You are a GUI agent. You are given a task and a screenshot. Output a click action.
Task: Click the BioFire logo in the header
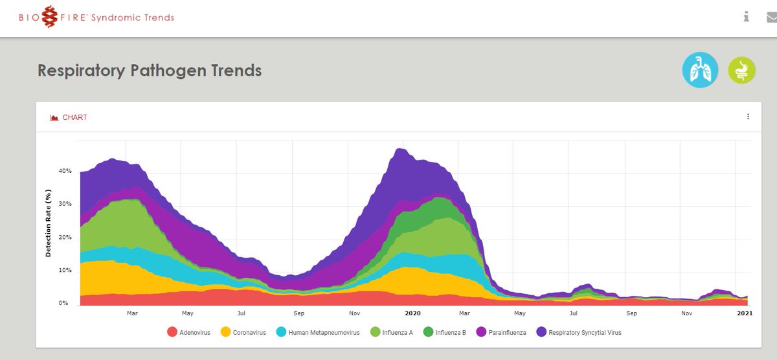(x=96, y=17)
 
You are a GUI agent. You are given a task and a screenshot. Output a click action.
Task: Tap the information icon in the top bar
(x=747, y=17)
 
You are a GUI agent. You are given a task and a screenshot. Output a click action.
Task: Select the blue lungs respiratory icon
(x=700, y=70)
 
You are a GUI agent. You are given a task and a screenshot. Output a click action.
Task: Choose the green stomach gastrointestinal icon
(x=741, y=70)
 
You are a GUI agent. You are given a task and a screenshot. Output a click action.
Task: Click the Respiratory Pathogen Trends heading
(x=150, y=70)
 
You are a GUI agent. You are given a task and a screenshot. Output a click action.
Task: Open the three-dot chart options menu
(x=748, y=117)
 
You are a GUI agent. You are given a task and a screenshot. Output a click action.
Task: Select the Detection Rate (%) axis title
(x=49, y=223)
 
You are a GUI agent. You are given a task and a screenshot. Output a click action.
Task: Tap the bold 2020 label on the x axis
(x=413, y=313)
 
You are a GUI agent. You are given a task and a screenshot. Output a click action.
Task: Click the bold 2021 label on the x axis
(x=745, y=313)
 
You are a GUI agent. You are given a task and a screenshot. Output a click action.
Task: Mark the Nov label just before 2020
(x=355, y=313)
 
